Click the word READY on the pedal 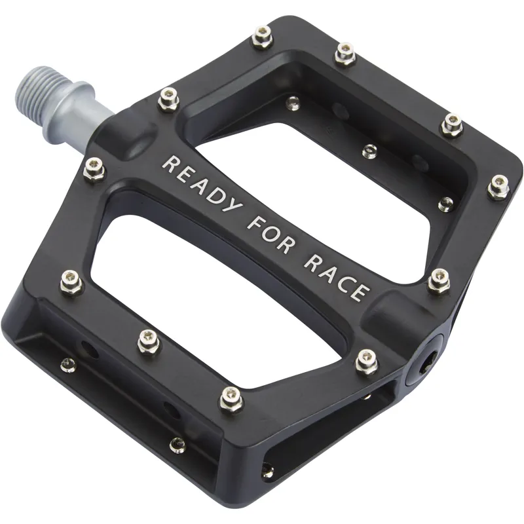(200, 187)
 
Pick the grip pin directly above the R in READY (169, 100)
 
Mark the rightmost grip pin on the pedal (498, 186)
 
